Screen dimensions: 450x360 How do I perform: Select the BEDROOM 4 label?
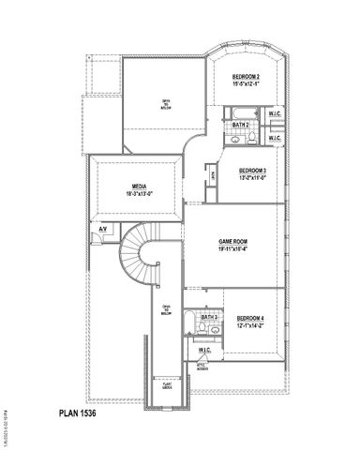250,319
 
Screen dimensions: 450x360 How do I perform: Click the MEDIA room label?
138,185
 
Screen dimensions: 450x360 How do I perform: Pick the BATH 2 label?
240,124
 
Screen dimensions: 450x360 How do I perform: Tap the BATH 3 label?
209,318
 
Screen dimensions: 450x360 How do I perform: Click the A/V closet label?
101,229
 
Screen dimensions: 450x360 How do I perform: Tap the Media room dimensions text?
138,192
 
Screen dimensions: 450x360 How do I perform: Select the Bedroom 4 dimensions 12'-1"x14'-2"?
250,326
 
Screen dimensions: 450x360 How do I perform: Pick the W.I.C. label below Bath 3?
203,350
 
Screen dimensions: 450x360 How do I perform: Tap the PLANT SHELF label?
168,384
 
